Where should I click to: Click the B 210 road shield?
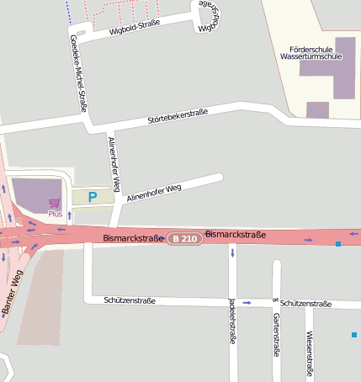click(183, 239)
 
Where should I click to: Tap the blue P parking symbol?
click(93, 197)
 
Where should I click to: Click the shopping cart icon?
click(55, 203)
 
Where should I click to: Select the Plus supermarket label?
click(55, 214)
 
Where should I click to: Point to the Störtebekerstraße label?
click(178, 115)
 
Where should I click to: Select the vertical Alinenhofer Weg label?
click(117, 161)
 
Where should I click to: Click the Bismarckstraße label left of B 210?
click(132, 239)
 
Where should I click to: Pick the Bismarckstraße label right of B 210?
click(236, 234)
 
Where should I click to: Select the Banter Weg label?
click(14, 293)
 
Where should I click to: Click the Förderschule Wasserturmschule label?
click(310, 55)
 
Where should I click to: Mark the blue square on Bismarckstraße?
click(338, 244)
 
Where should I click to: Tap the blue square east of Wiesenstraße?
click(354, 336)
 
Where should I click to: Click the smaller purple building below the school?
click(317, 109)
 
